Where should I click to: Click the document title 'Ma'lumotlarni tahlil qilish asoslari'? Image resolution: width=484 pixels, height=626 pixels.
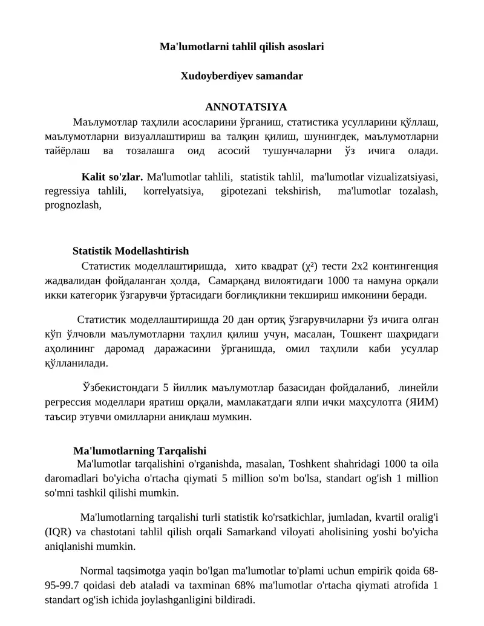(242, 47)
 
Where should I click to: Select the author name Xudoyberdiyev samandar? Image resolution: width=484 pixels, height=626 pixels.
(242, 76)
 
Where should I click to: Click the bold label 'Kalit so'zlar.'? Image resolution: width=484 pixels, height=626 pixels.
(112, 177)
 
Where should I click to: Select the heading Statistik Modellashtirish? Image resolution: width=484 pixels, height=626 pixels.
(131, 250)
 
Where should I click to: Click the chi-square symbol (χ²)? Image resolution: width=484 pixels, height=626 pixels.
(310, 266)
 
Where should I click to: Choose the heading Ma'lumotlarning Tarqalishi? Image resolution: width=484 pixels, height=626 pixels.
(140, 451)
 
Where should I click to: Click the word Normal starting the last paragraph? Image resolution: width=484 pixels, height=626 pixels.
(97, 572)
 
